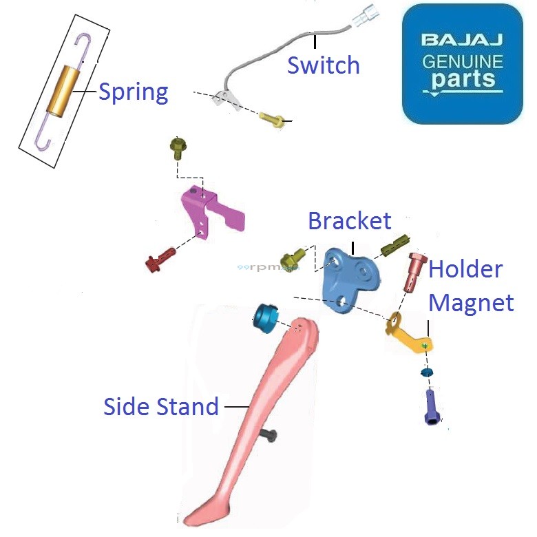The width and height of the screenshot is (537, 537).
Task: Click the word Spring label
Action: click(133, 92)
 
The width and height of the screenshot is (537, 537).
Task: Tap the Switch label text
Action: click(323, 65)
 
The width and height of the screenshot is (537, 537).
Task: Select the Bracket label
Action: click(349, 221)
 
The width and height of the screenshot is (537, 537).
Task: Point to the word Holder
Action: click(465, 269)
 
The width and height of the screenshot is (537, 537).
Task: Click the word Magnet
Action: click(472, 303)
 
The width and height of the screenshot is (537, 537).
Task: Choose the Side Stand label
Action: click(160, 406)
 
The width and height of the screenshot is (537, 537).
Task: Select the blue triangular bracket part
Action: click(350, 279)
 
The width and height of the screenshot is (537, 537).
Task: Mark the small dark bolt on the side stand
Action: click(269, 434)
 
